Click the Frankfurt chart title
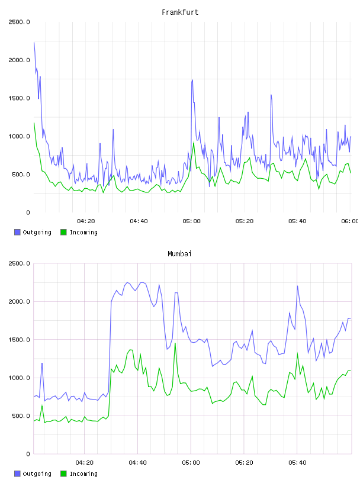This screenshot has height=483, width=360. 180,12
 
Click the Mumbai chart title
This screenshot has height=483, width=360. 179,254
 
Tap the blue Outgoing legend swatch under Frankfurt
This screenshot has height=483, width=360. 17,232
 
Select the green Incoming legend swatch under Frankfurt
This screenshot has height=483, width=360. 63,232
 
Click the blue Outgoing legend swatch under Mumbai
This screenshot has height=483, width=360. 17,474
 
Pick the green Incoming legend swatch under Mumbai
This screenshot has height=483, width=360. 63,474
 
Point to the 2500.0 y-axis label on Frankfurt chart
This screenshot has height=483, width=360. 19,22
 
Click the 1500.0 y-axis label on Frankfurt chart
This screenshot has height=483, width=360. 19,98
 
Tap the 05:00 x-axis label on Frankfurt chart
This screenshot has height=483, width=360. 191,221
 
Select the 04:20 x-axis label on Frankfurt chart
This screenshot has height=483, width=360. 86,221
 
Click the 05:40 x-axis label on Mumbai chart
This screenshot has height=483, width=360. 297,463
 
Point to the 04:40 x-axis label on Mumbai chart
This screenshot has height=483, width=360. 138,463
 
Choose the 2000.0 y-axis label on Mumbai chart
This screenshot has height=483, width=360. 19,301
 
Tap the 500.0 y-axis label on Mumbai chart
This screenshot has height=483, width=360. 20,416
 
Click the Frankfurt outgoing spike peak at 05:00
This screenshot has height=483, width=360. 192,80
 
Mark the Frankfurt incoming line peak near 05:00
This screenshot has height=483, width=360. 194,142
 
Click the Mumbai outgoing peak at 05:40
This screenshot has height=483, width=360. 297,286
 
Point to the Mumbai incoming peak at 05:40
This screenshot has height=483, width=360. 297,353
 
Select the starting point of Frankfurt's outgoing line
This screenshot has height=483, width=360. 34,43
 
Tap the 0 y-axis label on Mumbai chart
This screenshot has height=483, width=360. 28,454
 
